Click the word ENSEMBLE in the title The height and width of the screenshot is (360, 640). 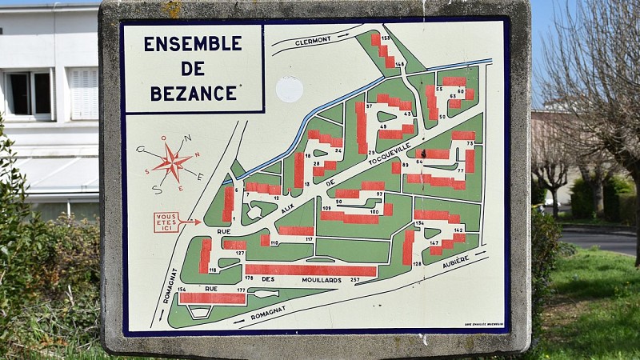192,43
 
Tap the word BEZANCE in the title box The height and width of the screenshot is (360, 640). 194,93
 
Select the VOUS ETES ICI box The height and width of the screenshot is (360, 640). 166,222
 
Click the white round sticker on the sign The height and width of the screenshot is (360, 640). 289,90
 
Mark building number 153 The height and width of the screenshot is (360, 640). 385,38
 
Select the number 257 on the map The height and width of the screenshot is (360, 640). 354,280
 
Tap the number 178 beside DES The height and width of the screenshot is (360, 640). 249,278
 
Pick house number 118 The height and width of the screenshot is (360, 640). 213,270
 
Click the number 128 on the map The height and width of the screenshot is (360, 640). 417,263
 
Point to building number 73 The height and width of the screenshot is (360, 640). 470,143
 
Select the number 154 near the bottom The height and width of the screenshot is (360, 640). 182,289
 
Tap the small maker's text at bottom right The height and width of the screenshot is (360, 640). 484,324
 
